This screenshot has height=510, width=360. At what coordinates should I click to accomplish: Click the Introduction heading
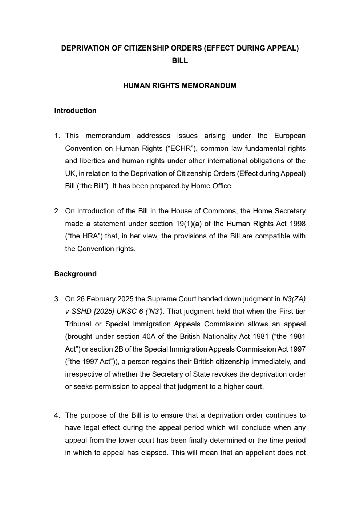pyautogui.click(x=75, y=111)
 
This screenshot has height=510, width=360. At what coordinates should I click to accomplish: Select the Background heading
pyautogui.click(x=75, y=274)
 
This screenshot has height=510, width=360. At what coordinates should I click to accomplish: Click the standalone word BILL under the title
pyautogui.click(x=180, y=61)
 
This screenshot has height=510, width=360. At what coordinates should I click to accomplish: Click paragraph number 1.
pyautogui.click(x=57, y=136)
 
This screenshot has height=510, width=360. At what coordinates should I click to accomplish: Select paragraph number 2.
pyautogui.click(x=57, y=211)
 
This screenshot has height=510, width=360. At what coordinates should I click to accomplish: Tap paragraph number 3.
pyautogui.click(x=57, y=299)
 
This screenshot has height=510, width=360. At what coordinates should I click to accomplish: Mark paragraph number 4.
pyautogui.click(x=57, y=415)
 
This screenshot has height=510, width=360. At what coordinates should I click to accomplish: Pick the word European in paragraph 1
pyautogui.click(x=290, y=136)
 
